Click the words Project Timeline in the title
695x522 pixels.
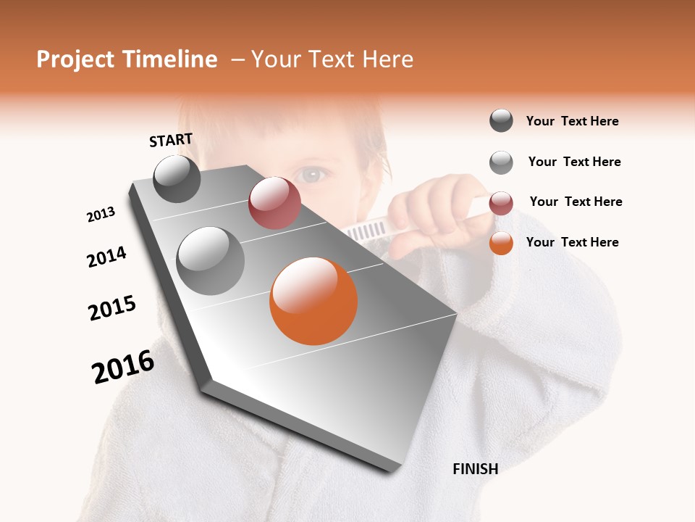[127, 59]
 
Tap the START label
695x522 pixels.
[171, 140]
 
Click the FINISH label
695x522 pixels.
[475, 469]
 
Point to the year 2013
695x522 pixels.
[101, 215]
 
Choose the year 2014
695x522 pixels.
[106, 257]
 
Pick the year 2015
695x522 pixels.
[112, 308]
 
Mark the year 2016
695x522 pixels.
[123, 367]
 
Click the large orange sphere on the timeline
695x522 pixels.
[313, 301]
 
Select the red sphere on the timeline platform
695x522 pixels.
[274, 203]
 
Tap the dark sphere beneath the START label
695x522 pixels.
[177, 178]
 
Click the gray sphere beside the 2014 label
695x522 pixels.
[211, 260]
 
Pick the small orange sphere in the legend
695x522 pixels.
[501, 243]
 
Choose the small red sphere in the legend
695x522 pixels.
[501, 203]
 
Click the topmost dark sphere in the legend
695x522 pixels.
[501, 120]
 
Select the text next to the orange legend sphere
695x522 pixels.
[572, 242]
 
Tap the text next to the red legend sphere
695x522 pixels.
[576, 202]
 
